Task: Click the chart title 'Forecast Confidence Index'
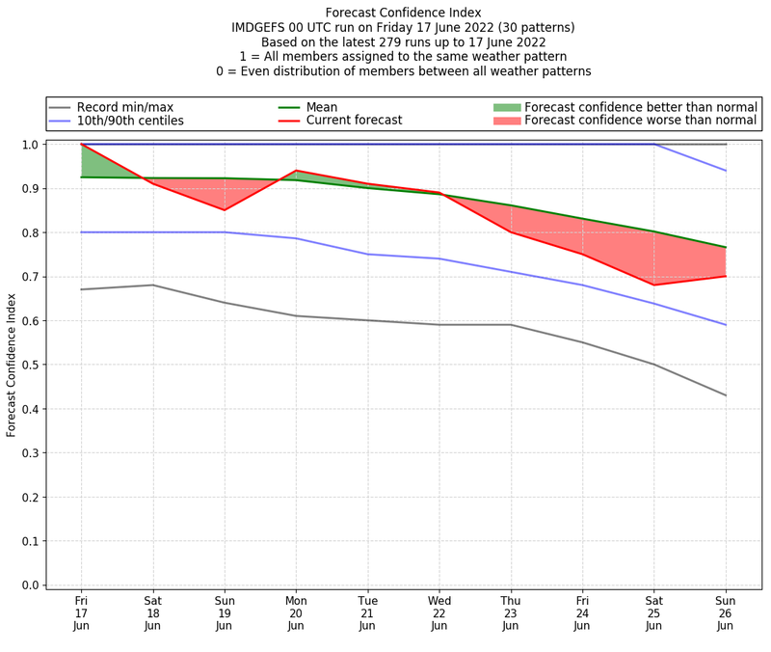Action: coord(404,13)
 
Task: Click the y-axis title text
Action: coord(13,366)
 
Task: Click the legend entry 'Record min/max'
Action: coord(123,107)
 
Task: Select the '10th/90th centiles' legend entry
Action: coord(130,121)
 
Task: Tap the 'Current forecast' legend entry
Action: coord(354,121)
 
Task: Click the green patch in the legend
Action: coord(506,107)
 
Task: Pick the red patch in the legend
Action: coord(506,121)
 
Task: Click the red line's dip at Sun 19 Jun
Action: coord(225,210)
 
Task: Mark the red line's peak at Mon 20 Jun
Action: coord(296,171)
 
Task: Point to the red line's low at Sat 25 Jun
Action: coord(654,285)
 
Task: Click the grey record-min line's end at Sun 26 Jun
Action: coord(726,395)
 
